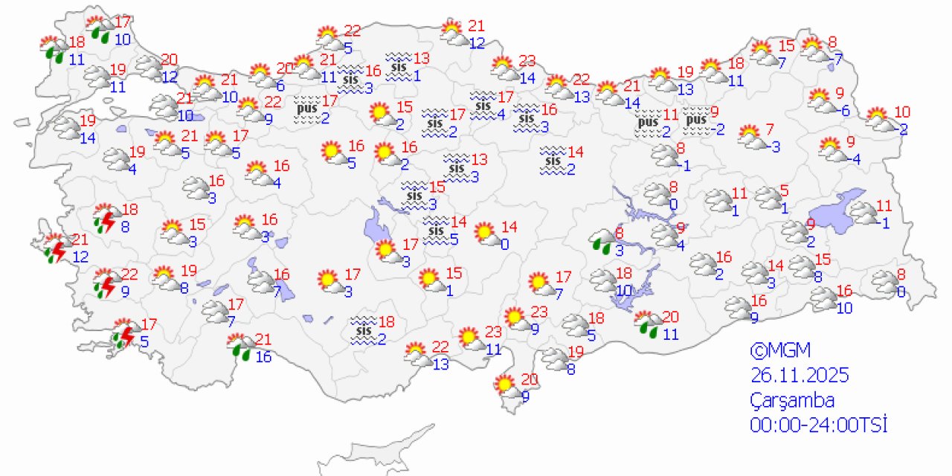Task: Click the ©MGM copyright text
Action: [779, 350]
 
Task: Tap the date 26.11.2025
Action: [799, 375]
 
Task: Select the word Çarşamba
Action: [792, 400]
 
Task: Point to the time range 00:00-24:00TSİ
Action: [819, 425]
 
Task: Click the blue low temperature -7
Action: [836, 58]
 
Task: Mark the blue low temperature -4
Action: [854, 159]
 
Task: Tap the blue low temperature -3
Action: [773, 147]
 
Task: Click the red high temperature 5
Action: [784, 190]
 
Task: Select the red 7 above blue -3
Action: [770, 128]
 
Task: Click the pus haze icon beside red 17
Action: [306, 109]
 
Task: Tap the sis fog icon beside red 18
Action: [364, 330]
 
